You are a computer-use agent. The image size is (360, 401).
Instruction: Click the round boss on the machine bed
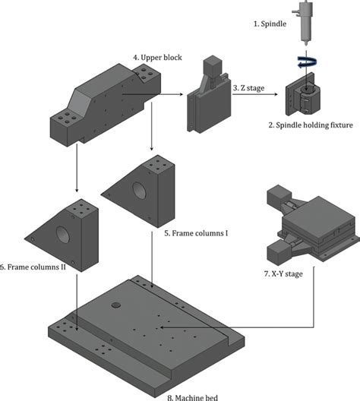point(116,306)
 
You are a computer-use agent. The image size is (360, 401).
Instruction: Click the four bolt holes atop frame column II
point(83,207)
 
